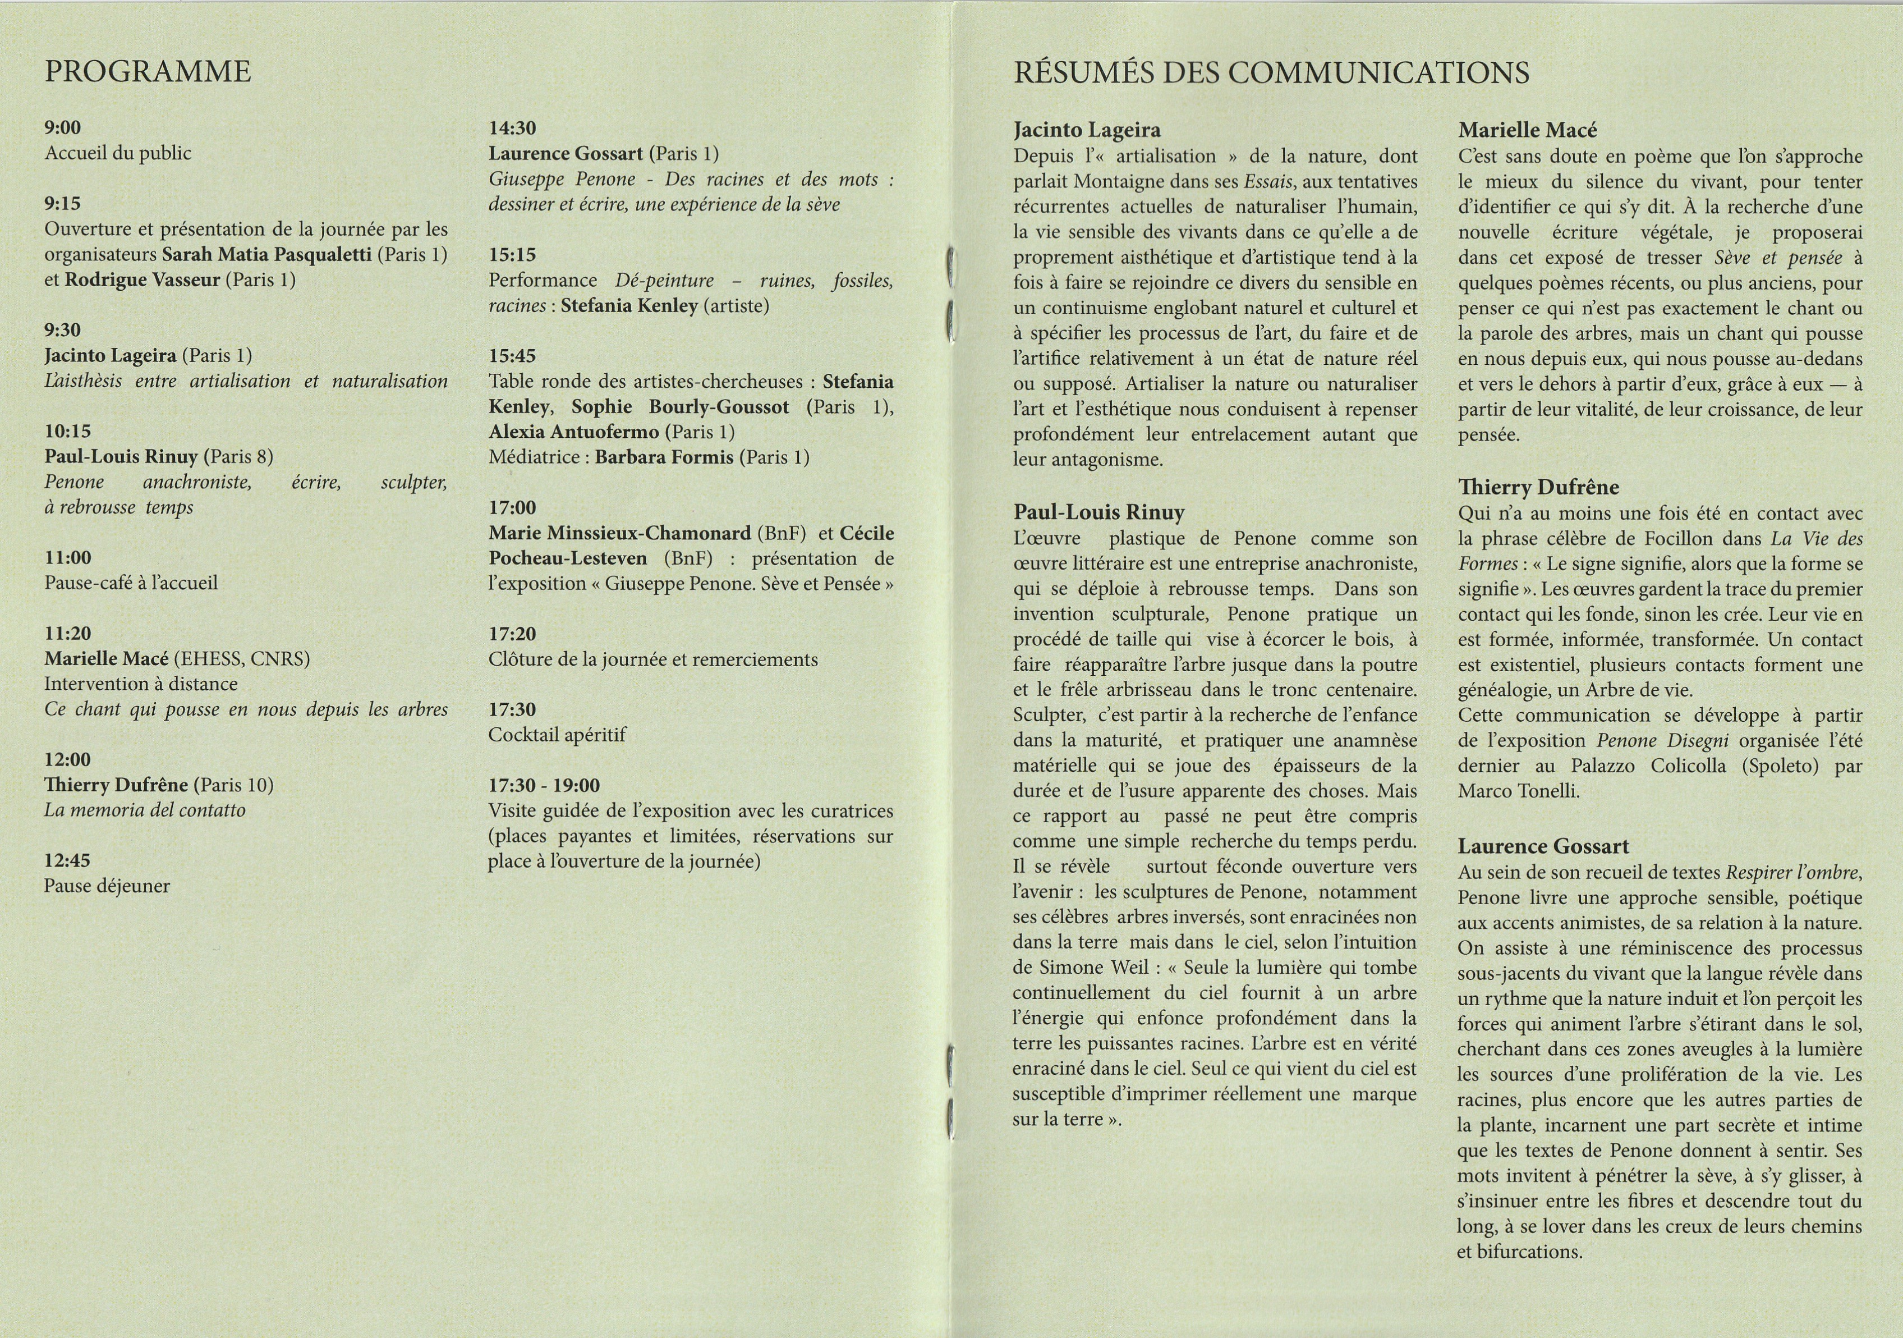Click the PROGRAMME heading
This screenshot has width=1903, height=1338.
point(148,72)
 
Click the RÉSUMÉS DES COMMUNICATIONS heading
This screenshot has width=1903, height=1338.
point(1271,73)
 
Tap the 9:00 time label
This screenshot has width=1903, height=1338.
point(63,127)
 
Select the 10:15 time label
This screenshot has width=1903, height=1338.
point(68,431)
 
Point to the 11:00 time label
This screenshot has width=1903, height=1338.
point(68,558)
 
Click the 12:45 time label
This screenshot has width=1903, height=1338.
point(68,860)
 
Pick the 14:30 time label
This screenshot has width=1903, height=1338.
point(512,129)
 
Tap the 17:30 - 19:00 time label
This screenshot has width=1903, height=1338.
point(544,785)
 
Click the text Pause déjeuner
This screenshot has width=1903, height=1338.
point(107,886)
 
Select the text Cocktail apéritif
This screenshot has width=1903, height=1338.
point(557,735)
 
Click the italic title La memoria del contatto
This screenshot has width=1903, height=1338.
point(145,810)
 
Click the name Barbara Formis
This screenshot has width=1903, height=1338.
point(664,457)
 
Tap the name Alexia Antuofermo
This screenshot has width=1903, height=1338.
point(573,432)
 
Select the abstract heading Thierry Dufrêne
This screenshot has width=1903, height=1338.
point(1538,488)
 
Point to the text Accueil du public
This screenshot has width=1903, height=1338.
point(118,153)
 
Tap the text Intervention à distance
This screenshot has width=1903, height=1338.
point(141,684)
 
